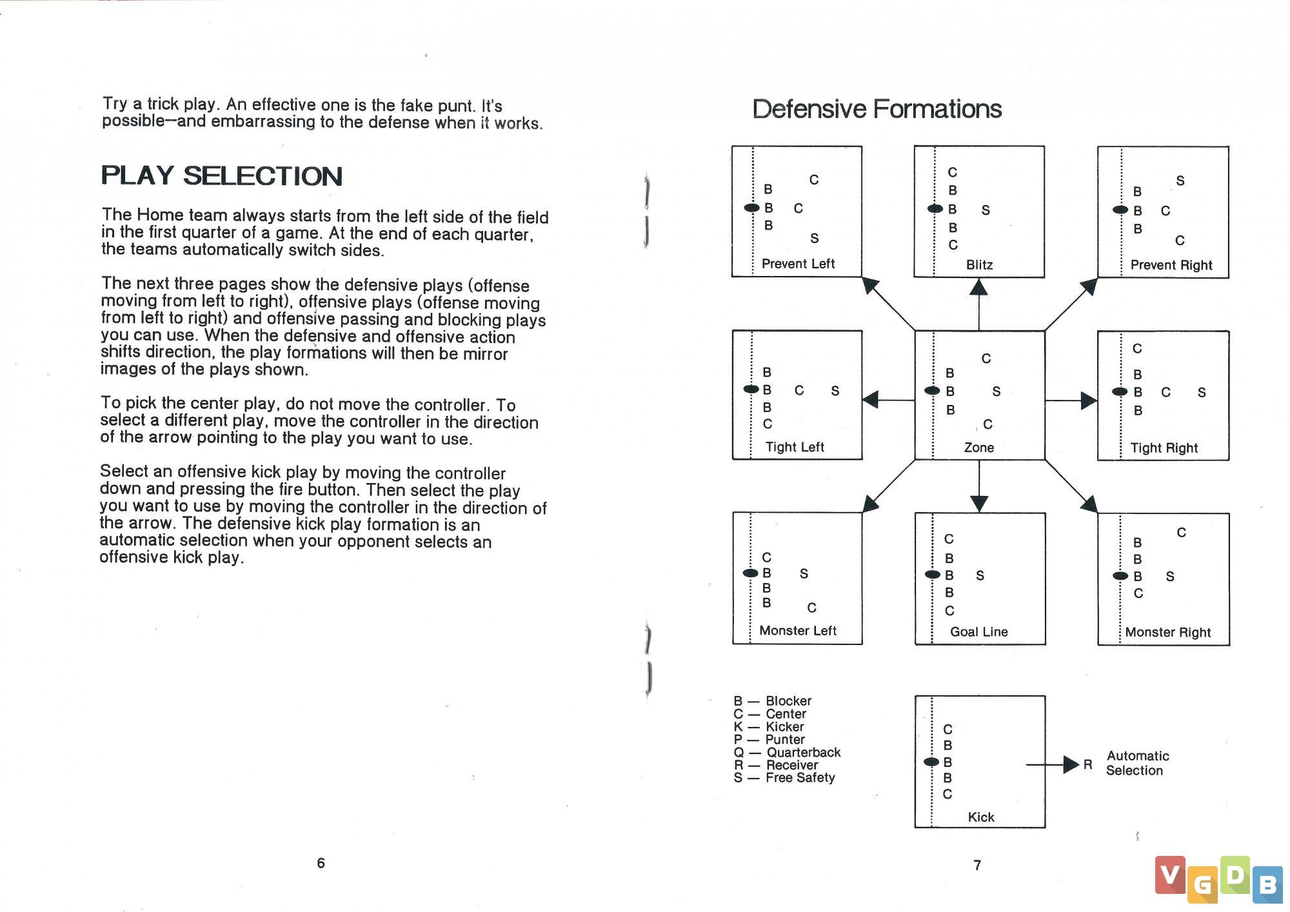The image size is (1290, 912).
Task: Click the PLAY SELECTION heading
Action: coord(221,175)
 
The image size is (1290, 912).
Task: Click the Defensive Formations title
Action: coord(877,109)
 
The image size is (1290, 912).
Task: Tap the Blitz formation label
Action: coord(979,264)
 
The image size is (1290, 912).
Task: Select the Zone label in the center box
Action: coord(978,447)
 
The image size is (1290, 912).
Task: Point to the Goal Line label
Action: coord(978,631)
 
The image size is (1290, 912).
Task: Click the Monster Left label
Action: coord(798,630)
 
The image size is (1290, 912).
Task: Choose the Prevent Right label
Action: coord(1171,265)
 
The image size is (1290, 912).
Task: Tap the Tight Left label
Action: coord(795,447)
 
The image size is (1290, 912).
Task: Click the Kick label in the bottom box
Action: coord(981,817)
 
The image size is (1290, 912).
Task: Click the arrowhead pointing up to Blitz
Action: coord(978,287)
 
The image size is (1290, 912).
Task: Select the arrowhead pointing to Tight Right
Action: coord(1089,401)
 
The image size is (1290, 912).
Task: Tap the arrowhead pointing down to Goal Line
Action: coord(979,504)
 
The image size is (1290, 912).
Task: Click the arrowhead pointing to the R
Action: coord(1071,765)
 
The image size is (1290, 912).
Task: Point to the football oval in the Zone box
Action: coord(932,390)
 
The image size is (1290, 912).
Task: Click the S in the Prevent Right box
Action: coord(1180,181)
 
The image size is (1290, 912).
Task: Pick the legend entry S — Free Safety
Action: coord(784,778)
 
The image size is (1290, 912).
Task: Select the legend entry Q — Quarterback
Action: coord(787,752)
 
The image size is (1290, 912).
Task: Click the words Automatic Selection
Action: coord(1138,763)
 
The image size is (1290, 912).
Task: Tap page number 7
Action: coord(977,865)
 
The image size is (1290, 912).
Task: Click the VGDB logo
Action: coord(1218,879)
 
